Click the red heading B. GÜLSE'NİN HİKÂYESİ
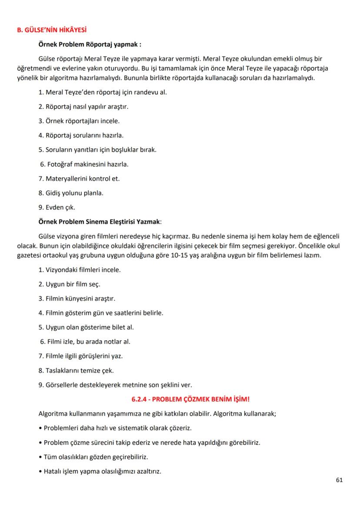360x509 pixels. click(51, 30)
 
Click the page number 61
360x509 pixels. click(340, 480)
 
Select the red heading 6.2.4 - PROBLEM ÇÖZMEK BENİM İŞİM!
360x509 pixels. click(190, 399)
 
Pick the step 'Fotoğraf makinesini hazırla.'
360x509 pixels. click(85, 164)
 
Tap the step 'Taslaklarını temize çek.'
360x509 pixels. click(76, 370)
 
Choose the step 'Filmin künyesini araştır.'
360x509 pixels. click(77, 298)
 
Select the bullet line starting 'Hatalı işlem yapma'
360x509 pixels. click(100, 471)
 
